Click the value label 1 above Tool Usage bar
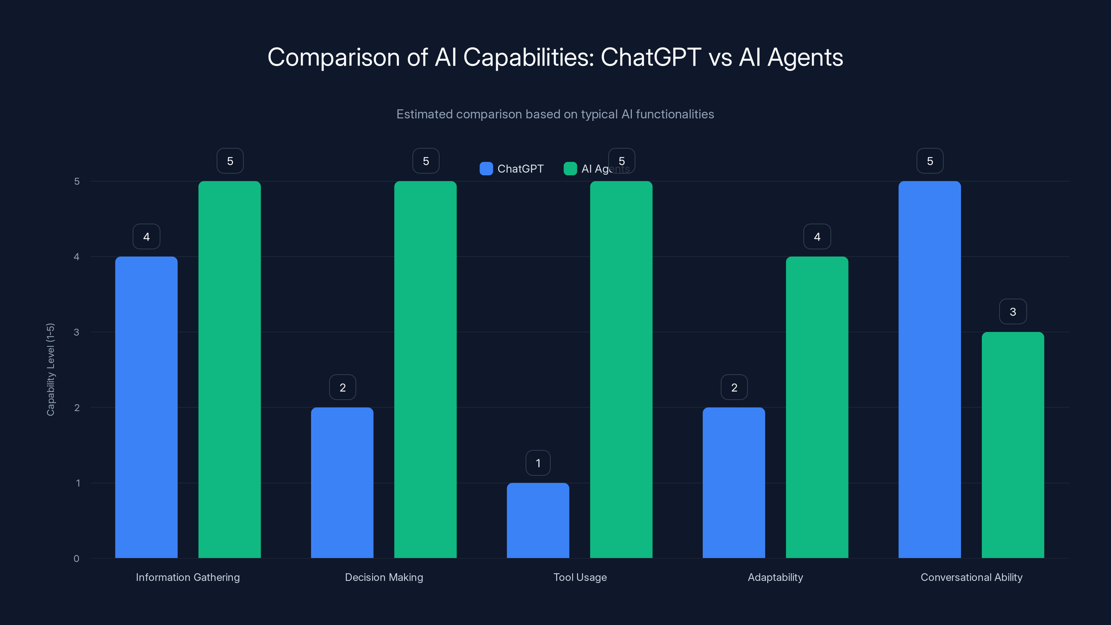click(538, 463)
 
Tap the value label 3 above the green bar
click(1013, 311)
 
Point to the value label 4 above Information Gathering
click(146, 236)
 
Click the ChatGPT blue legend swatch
click(486, 169)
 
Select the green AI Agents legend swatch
click(570, 169)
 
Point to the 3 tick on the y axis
click(77, 332)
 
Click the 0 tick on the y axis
click(77, 559)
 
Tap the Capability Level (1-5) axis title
click(50, 369)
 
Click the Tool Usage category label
click(580, 577)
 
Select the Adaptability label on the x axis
click(775, 577)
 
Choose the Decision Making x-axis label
click(384, 577)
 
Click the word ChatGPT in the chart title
click(650, 57)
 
